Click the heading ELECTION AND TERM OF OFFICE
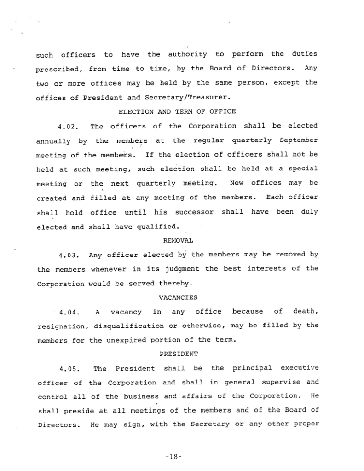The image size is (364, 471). tap(178, 111)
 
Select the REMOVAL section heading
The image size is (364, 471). tap(178, 240)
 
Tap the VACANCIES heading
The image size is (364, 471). tap(178, 297)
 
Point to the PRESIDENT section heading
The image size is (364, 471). tap(178, 354)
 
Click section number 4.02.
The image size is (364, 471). tap(69, 126)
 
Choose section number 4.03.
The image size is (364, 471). tap(69, 255)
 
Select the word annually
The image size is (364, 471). tap(54, 141)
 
